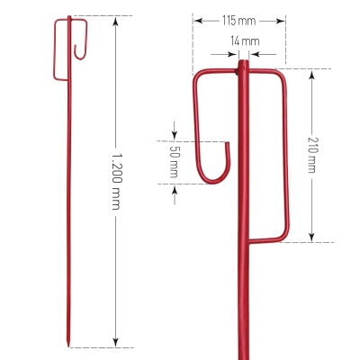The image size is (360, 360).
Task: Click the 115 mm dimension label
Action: pos(239,21)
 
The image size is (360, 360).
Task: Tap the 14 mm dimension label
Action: pos(245,40)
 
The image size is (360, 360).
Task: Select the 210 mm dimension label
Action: pos(312,155)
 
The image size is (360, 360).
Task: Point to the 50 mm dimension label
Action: pos(174,162)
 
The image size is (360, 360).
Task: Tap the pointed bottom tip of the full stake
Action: pos(68,346)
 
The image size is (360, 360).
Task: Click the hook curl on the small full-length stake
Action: pos(80,52)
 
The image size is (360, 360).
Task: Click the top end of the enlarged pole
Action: pos(243,61)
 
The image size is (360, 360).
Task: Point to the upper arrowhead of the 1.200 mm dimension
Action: pos(116,21)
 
